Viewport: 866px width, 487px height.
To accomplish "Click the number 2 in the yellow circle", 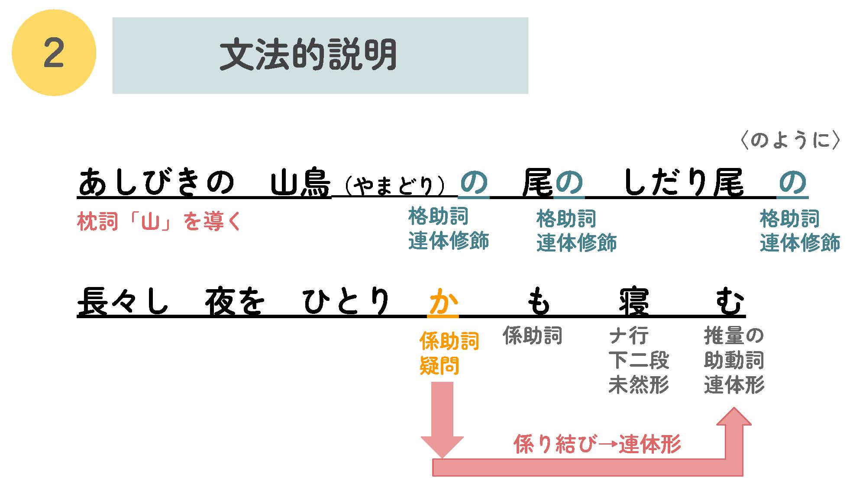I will tap(54, 53).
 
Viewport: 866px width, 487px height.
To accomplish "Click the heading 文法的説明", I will tap(308, 55).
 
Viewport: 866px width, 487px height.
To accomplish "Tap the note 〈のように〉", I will tap(790, 140).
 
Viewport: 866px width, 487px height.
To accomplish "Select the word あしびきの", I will tap(156, 182).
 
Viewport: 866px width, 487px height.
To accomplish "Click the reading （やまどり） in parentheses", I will tap(394, 186).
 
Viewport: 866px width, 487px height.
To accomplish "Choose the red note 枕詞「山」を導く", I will tap(159, 222).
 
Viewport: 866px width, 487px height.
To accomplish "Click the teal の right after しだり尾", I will tap(792, 182).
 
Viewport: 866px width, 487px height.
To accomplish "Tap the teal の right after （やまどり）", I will tap(474, 182).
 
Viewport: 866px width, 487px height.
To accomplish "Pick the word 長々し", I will tap(123, 301).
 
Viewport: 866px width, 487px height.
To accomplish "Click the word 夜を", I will tap(234, 301).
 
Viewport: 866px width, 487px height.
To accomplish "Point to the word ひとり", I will tap(346, 301).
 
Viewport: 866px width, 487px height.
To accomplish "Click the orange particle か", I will tap(443, 301).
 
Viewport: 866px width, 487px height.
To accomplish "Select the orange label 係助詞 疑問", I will tap(449, 353).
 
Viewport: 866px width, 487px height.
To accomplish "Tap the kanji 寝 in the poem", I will tap(634, 301).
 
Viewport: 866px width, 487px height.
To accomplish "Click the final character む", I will tap(730, 301).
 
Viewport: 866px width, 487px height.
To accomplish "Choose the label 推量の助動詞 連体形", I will tap(734, 360).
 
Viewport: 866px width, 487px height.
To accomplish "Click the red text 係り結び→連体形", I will tap(597, 444).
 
